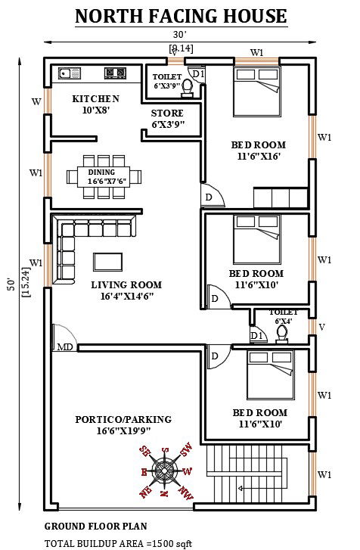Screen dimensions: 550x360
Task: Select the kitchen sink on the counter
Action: (x=64, y=74)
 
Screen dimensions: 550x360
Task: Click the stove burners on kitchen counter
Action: (x=115, y=74)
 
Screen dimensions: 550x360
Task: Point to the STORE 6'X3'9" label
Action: (x=168, y=119)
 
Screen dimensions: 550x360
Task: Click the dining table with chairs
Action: (x=106, y=177)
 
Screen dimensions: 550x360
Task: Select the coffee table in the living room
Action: (x=107, y=261)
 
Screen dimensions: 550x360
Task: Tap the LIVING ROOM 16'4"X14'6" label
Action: (x=126, y=291)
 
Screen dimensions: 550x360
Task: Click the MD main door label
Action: (x=66, y=348)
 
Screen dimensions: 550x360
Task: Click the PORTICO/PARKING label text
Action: (x=123, y=425)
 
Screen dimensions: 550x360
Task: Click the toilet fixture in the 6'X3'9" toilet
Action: (x=188, y=90)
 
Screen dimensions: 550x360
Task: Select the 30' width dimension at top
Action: (x=178, y=34)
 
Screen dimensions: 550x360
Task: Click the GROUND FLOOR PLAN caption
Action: (x=95, y=526)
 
